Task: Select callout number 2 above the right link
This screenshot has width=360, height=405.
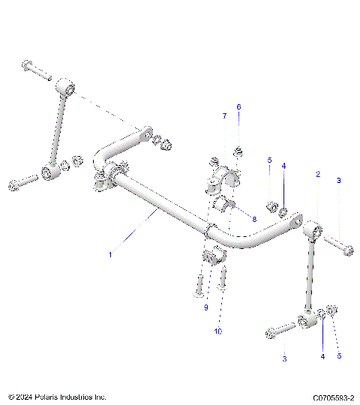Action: [x=317, y=174]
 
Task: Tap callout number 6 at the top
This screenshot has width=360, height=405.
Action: [x=239, y=107]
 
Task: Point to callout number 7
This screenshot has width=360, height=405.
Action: [x=223, y=115]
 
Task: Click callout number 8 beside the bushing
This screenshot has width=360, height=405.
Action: [x=254, y=219]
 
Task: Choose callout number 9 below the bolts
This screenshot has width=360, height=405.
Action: [x=205, y=307]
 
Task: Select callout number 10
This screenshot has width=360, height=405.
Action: [x=218, y=331]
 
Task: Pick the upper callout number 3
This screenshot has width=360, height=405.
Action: [x=337, y=181]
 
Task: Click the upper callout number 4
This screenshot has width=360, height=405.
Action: [x=283, y=166]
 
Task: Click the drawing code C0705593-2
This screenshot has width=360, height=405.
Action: [x=326, y=396]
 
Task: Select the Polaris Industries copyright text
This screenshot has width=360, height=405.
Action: [x=57, y=396]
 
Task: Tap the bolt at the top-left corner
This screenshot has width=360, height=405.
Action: [x=34, y=70]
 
